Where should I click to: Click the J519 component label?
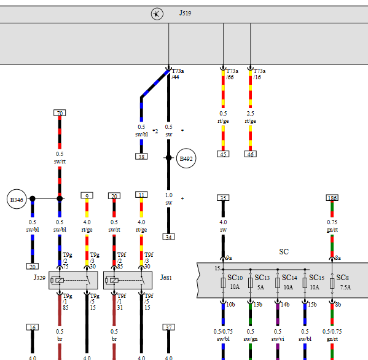185,13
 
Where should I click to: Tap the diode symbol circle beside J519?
157,14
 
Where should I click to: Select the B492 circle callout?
186,158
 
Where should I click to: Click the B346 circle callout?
17,199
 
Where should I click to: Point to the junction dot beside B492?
168,158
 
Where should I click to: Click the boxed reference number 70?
60,113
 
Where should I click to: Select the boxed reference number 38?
141,156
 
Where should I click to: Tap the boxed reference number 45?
223,154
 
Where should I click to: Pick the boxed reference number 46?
251,154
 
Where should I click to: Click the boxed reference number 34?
168,237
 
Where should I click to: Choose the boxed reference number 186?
332,198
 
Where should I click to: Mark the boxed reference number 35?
223,198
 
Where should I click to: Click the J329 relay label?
40,278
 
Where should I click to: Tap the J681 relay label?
166,278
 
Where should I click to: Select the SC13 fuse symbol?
251,283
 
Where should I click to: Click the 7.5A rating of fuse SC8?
345,288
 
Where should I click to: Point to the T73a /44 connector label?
178,74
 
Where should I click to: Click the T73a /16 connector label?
259,74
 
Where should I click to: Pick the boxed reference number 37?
168,327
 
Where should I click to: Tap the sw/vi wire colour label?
278,339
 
